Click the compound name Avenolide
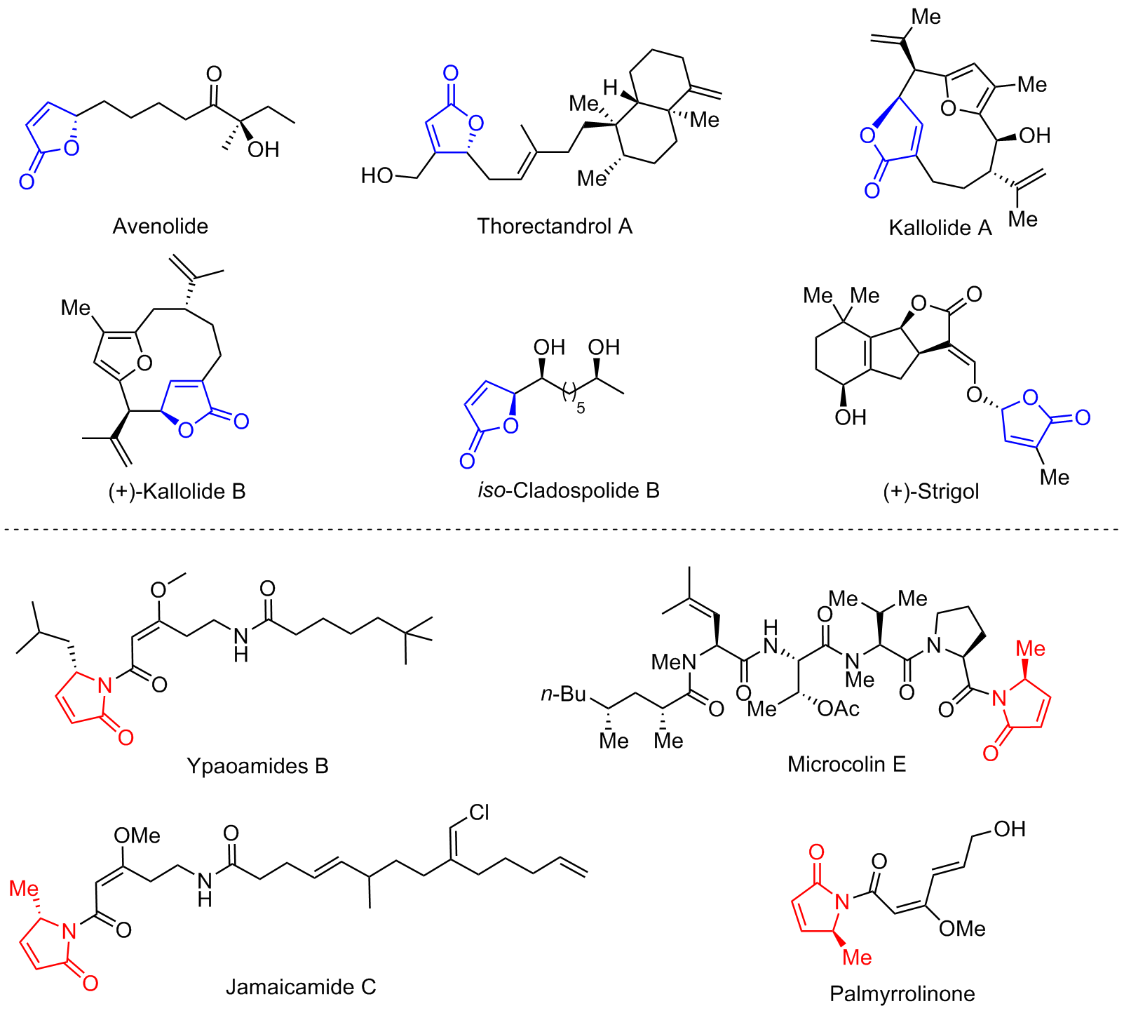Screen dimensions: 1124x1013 tap(161, 226)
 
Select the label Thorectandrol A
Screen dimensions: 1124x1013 tap(555, 226)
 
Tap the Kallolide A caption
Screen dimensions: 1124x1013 tap(940, 227)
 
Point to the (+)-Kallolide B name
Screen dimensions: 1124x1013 tap(177, 490)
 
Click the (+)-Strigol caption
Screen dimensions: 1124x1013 tap(931, 491)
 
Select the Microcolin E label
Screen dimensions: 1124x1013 tap(847, 763)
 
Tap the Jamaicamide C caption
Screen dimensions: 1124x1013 tap(301, 987)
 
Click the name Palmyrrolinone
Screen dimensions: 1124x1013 tap(902, 993)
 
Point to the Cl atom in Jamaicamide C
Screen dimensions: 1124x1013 tap(480, 812)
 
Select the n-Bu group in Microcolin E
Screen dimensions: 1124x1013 tap(563, 694)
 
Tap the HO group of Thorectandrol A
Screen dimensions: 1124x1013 tap(377, 175)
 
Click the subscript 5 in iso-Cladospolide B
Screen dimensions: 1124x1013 tap(581, 408)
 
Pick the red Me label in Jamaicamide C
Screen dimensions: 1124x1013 tap(25, 889)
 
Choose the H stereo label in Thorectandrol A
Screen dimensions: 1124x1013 tap(611, 88)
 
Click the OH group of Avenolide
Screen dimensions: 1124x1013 tap(264, 149)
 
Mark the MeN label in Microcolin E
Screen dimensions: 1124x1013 tap(674, 662)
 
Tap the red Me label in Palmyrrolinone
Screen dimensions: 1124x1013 tap(857, 958)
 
